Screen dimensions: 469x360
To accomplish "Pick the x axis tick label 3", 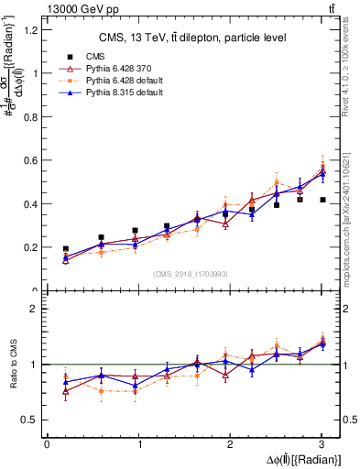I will click(x=322, y=444).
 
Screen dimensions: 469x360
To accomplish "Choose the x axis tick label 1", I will click(x=139, y=444).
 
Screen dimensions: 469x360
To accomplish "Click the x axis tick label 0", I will click(x=47, y=444).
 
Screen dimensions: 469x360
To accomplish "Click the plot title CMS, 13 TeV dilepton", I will click(x=192, y=38).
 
